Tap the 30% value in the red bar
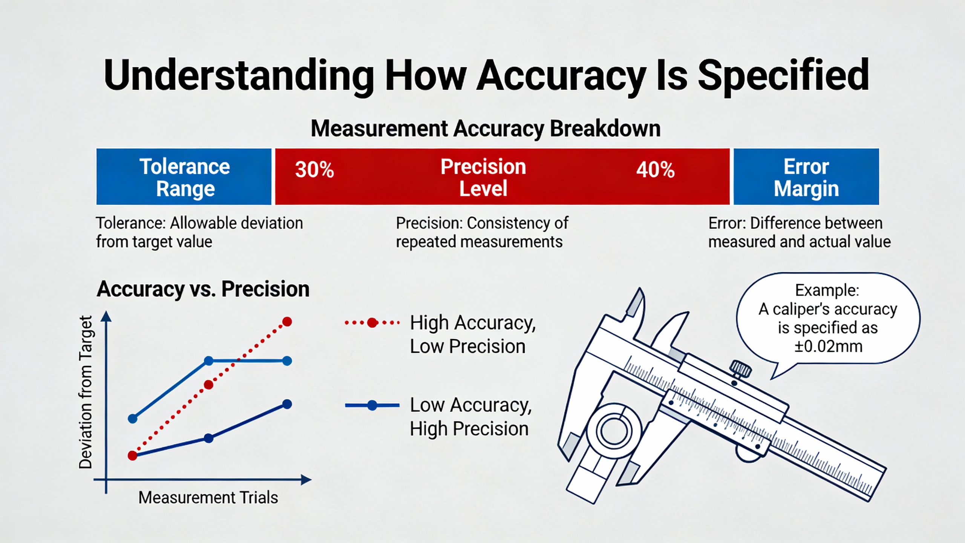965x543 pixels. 314,170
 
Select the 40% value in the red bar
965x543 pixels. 656,170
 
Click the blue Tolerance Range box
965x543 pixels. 184,176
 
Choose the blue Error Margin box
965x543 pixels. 806,176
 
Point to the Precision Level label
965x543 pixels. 483,177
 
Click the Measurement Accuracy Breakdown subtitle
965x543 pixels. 486,129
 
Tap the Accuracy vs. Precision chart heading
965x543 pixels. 203,289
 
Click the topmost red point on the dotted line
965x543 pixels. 287,322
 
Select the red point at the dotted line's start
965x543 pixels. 132,456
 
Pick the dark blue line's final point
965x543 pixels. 287,404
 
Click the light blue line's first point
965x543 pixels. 133,419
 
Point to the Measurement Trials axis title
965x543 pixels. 208,498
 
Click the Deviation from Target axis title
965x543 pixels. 86,392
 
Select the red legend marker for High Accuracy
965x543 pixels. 372,323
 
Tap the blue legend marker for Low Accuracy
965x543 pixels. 372,405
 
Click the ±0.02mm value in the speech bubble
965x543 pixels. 828,346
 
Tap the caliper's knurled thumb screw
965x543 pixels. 740,368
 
